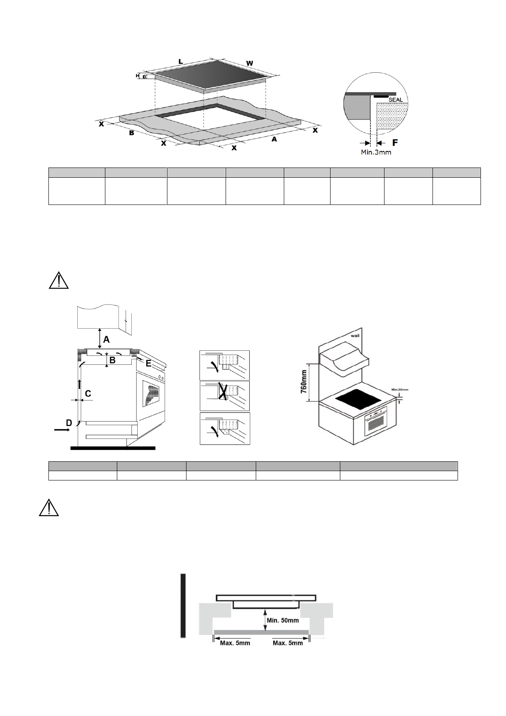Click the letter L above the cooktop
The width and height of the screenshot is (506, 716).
pos(181,62)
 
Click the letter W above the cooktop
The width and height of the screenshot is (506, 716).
pos(250,63)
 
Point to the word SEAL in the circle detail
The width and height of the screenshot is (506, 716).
pos(395,100)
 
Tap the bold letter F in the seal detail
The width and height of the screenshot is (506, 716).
pos(395,142)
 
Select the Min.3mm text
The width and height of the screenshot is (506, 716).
pos(376,152)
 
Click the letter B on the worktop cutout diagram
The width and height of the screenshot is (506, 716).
pos(132,133)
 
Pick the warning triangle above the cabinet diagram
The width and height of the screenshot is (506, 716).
pos(59,281)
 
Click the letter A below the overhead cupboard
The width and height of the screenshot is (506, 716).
pos(106,340)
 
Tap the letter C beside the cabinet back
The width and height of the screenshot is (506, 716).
pos(88,394)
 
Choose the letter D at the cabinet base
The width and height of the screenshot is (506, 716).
pos(69,423)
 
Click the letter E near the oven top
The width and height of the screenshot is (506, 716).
pos(148,364)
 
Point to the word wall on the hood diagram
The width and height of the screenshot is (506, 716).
pos(355,335)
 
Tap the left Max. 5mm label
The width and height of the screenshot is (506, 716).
pos(235,643)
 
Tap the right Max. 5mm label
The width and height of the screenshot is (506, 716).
pos(288,643)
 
